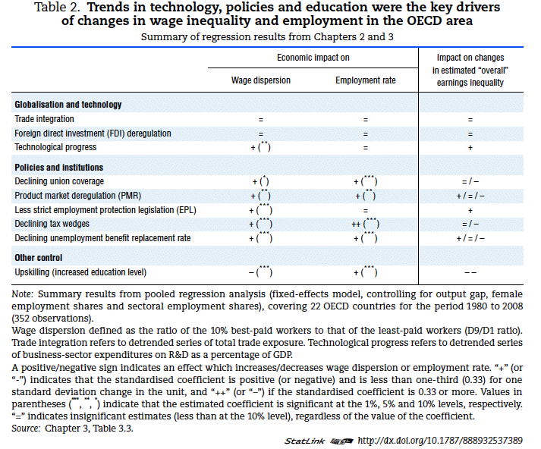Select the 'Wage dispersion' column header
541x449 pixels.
(260, 79)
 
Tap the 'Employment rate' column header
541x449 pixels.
(365, 79)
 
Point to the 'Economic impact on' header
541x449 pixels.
(313, 58)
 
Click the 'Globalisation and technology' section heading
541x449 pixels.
(68, 105)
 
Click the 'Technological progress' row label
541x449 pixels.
(55, 147)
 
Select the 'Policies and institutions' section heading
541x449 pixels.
(59, 167)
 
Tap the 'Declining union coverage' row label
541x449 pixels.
(59, 182)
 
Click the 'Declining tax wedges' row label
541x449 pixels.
(52, 224)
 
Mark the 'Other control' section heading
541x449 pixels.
(39, 257)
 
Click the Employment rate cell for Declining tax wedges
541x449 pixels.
(365, 224)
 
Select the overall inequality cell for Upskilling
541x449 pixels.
(470, 272)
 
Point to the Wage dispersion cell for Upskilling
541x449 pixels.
(260, 272)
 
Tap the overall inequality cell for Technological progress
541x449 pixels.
(470, 147)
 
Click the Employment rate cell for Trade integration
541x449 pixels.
(365, 119)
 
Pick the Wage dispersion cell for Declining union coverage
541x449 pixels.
(260, 182)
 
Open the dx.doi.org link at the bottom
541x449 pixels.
(439, 440)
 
